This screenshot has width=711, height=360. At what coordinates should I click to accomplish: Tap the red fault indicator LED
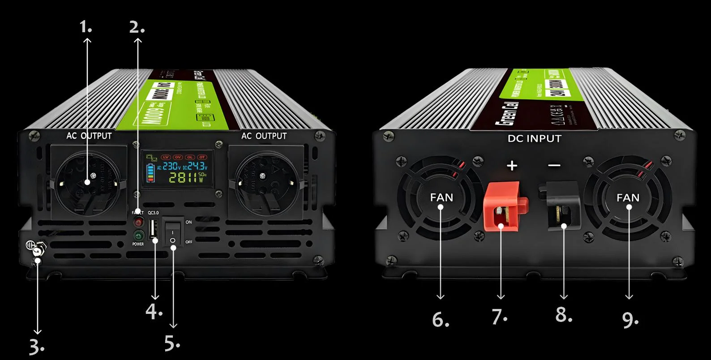[x=138, y=222]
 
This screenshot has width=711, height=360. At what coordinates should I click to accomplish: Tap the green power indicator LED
[x=138, y=235]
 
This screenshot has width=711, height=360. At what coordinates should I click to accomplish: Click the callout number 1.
[x=86, y=27]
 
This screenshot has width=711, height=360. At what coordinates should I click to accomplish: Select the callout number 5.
[x=172, y=344]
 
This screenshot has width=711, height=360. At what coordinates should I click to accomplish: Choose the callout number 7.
[x=499, y=317]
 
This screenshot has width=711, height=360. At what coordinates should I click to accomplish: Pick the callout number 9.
[x=630, y=319]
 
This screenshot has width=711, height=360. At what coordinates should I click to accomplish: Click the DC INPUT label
[x=534, y=139]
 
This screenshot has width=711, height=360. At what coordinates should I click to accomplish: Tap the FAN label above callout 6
[x=441, y=197]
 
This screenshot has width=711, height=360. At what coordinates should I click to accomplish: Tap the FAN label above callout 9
[x=628, y=197]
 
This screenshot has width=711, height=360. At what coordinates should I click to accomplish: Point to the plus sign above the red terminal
[x=512, y=166]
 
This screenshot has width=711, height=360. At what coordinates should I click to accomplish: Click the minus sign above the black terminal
[x=554, y=166]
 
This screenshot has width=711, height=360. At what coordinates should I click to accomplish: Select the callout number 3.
[x=36, y=347]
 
